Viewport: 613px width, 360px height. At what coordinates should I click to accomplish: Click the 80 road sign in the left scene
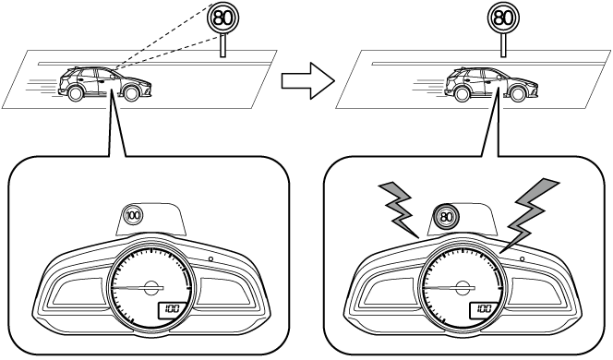(x=222, y=18)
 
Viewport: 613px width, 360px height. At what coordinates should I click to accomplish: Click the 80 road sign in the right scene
(x=503, y=18)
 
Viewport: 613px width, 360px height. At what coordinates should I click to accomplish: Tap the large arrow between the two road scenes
(x=308, y=81)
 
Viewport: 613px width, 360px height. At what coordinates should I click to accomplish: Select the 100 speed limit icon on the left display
(x=133, y=215)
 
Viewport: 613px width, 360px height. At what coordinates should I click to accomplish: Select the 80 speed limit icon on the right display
(x=446, y=216)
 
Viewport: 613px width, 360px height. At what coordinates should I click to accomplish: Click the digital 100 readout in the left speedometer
(x=172, y=309)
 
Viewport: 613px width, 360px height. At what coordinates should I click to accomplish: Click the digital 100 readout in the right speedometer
(x=484, y=309)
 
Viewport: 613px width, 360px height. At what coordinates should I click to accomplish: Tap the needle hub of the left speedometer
(x=150, y=288)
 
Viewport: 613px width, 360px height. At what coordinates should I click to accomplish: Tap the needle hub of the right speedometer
(x=463, y=288)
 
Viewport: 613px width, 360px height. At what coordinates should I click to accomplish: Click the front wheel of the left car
(x=131, y=93)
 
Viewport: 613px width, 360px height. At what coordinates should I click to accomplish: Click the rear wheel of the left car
(x=75, y=93)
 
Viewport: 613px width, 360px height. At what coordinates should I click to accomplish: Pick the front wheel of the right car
(x=517, y=93)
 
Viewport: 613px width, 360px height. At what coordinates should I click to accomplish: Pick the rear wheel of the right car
(x=462, y=93)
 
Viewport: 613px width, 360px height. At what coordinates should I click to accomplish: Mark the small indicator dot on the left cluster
(x=210, y=258)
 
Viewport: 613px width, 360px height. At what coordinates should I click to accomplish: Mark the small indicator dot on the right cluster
(x=523, y=258)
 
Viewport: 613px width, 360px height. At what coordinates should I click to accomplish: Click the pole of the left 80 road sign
(x=222, y=45)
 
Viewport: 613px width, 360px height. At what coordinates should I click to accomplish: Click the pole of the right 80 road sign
(x=503, y=45)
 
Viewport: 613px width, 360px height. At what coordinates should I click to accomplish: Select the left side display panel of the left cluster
(x=78, y=291)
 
